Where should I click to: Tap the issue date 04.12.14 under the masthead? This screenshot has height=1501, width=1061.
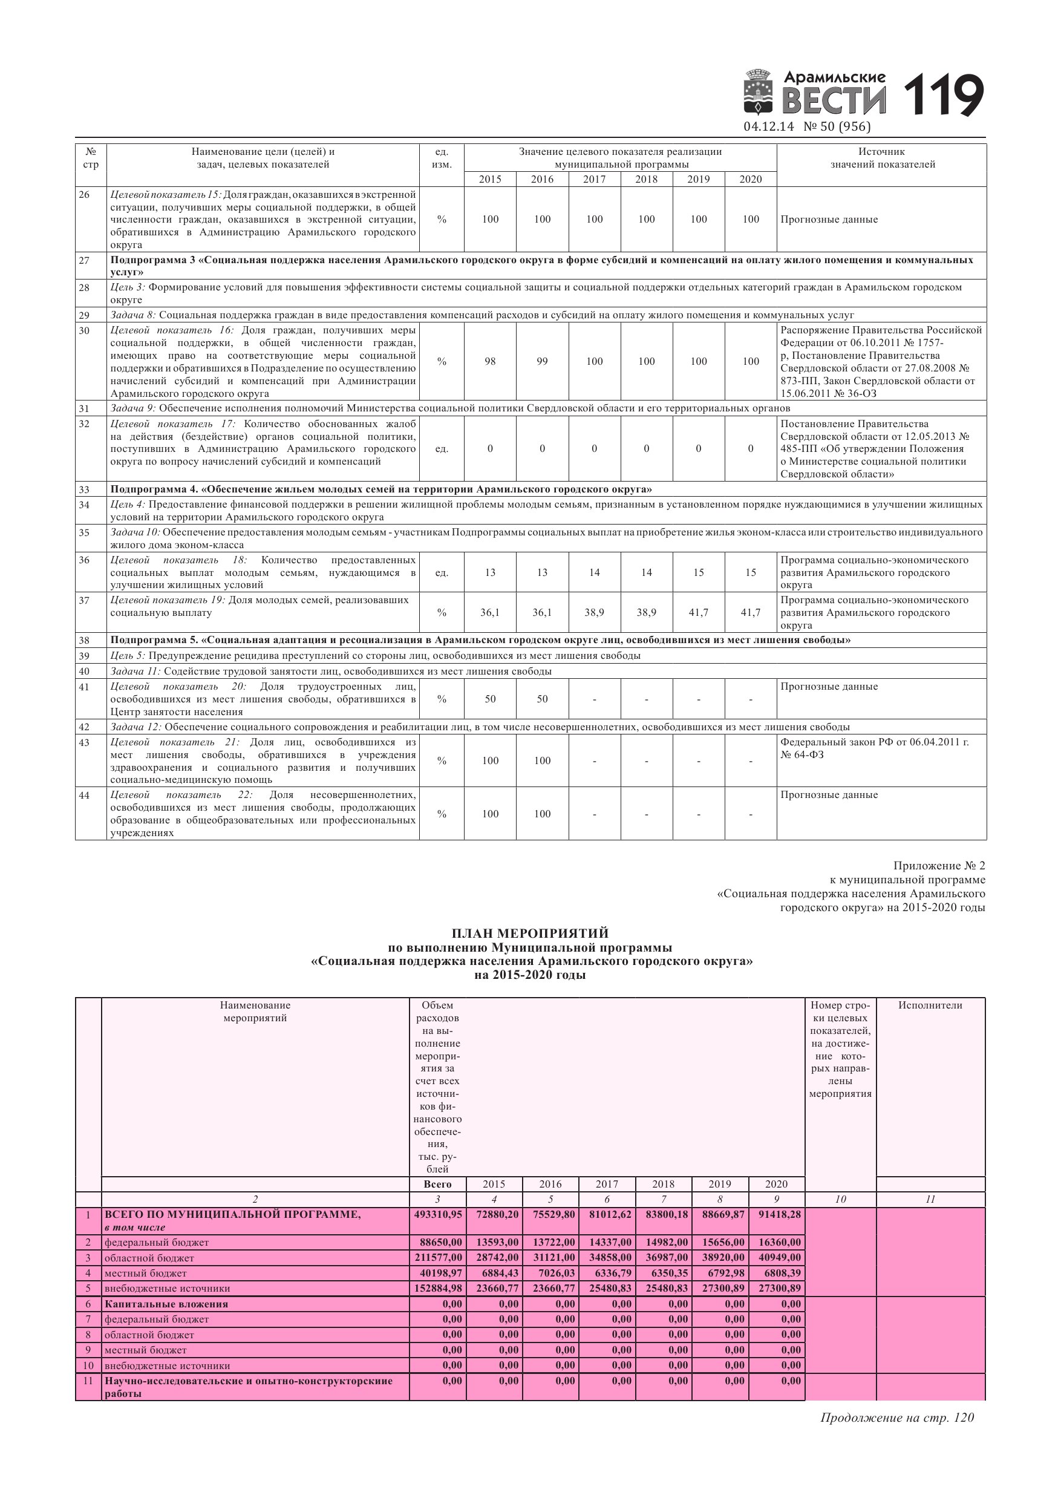tap(768, 127)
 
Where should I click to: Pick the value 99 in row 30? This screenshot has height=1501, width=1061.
tap(542, 362)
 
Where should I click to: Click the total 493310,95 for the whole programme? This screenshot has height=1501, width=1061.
tap(438, 1215)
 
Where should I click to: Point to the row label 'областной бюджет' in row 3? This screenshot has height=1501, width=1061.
tap(149, 1258)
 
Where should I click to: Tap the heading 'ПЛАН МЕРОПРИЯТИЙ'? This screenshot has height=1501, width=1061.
tap(530, 933)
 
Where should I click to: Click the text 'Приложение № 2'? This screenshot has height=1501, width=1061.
tap(939, 866)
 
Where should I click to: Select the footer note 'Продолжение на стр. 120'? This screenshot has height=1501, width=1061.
tap(897, 1418)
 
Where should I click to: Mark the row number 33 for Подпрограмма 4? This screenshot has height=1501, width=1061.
tap(84, 489)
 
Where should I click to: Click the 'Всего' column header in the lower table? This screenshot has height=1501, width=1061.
tap(437, 1184)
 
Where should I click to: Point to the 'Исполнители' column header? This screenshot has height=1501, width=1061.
tap(930, 1006)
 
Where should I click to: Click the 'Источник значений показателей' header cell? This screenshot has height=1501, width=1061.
tap(882, 158)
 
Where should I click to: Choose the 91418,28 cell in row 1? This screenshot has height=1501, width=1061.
tap(777, 1215)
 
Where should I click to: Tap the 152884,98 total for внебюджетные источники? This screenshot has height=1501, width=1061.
tap(438, 1289)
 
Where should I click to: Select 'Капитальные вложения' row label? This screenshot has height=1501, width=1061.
tap(166, 1304)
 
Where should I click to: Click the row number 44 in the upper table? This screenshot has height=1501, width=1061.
tap(84, 795)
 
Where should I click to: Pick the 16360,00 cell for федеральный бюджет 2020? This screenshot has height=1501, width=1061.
tap(777, 1242)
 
